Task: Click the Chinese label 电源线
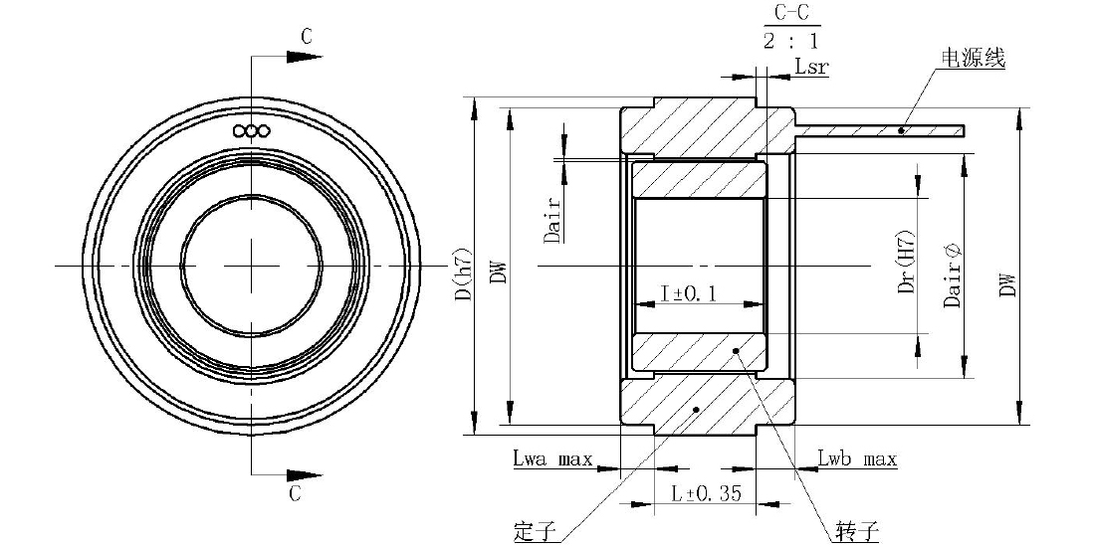tap(974, 59)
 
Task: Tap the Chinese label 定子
tap(535, 532)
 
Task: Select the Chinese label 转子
tap(857, 532)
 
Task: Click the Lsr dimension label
tap(811, 67)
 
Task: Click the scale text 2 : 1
tap(789, 41)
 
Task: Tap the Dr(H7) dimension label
tap(906, 261)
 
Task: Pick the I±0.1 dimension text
tap(689, 293)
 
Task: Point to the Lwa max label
tap(552, 459)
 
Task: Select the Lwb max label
tap(857, 459)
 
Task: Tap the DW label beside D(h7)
tap(497, 273)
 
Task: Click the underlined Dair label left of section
tap(553, 220)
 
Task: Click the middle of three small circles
tap(252, 130)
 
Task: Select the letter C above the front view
tap(307, 38)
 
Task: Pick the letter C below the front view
tap(295, 493)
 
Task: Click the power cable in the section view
tap(880, 130)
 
